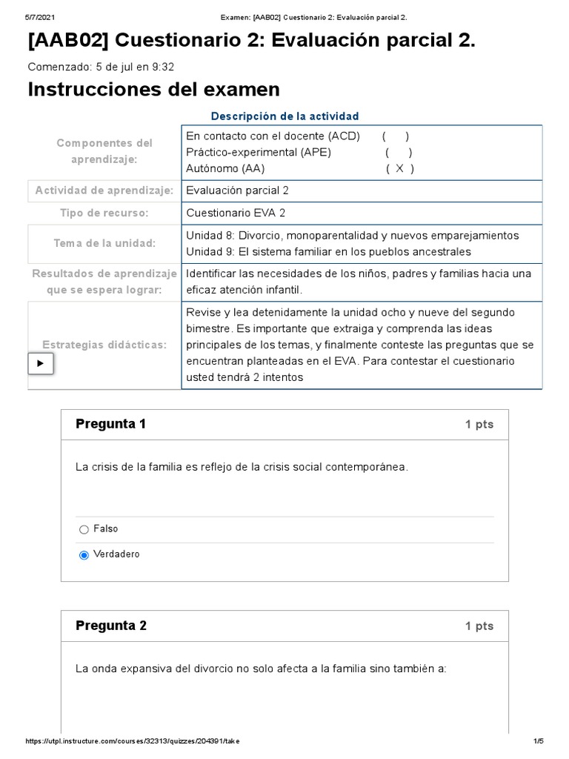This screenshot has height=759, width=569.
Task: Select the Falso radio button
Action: pyautogui.click(x=84, y=529)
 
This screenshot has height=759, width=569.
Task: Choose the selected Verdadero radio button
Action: pyautogui.click(x=84, y=555)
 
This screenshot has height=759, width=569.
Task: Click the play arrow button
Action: pyautogui.click(x=41, y=364)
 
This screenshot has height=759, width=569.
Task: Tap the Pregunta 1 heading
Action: pyautogui.click(x=111, y=424)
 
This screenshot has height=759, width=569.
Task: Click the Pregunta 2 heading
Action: pyautogui.click(x=111, y=626)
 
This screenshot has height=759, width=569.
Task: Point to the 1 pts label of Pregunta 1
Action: pyautogui.click(x=479, y=425)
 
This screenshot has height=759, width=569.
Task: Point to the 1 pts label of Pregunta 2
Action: pyautogui.click(x=479, y=626)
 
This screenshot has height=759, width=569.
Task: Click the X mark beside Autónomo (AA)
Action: pyautogui.click(x=400, y=168)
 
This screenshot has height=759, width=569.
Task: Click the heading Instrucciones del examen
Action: pyautogui.click(x=153, y=90)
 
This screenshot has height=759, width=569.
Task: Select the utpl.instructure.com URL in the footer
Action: pyautogui.click(x=132, y=741)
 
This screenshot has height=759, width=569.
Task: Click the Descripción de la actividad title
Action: pyautogui.click(x=285, y=116)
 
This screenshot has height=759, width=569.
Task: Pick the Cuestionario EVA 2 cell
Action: pyautogui.click(x=236, y=213)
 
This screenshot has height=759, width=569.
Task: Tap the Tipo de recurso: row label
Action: pyautogui.click(x=104, y=213)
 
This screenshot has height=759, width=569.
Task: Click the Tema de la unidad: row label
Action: pyautogui.click(x=104, y=244)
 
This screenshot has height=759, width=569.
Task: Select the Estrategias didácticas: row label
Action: pyautogui.click(x=104, y=345)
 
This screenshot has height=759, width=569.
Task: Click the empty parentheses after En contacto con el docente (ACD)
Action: pyautogui.click(x=396, y=136)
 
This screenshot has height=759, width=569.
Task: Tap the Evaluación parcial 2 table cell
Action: pyautogui.click(x=237, y=190)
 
